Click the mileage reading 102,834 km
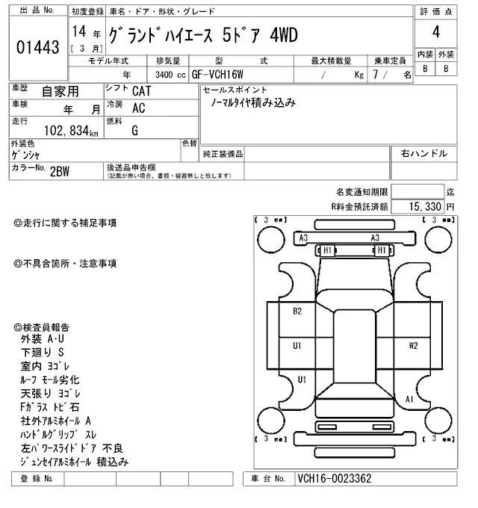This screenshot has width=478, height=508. coord(72,131)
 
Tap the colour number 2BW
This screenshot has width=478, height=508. coord(60,170)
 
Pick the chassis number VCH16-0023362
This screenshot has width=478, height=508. coord(334,479)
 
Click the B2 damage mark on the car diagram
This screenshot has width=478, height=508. coord(297,311)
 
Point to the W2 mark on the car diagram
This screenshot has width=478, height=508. coord(413,346)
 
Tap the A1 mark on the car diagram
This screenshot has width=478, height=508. coord(409,400)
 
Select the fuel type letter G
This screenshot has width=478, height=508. coord(135,131)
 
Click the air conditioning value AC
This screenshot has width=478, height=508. coord(138,108)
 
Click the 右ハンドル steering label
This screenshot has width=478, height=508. coord(423,153)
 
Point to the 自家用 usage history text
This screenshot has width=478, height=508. coord(58,92)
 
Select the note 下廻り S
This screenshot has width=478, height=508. coord(44,352)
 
